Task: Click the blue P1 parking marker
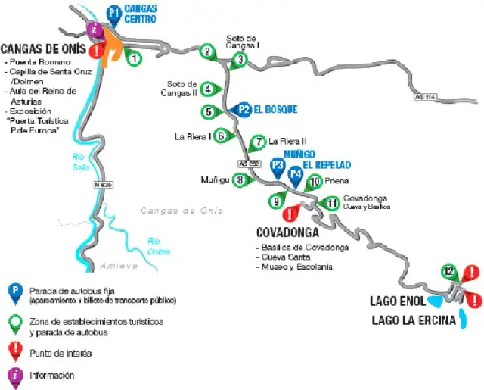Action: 113,13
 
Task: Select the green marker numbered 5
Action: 209,112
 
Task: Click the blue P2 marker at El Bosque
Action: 244,109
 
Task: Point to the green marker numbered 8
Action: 240,180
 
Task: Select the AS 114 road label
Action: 427,97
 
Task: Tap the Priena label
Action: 337,181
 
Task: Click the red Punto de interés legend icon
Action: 14,350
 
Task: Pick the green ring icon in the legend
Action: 14,323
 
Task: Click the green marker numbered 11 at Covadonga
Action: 331,202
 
